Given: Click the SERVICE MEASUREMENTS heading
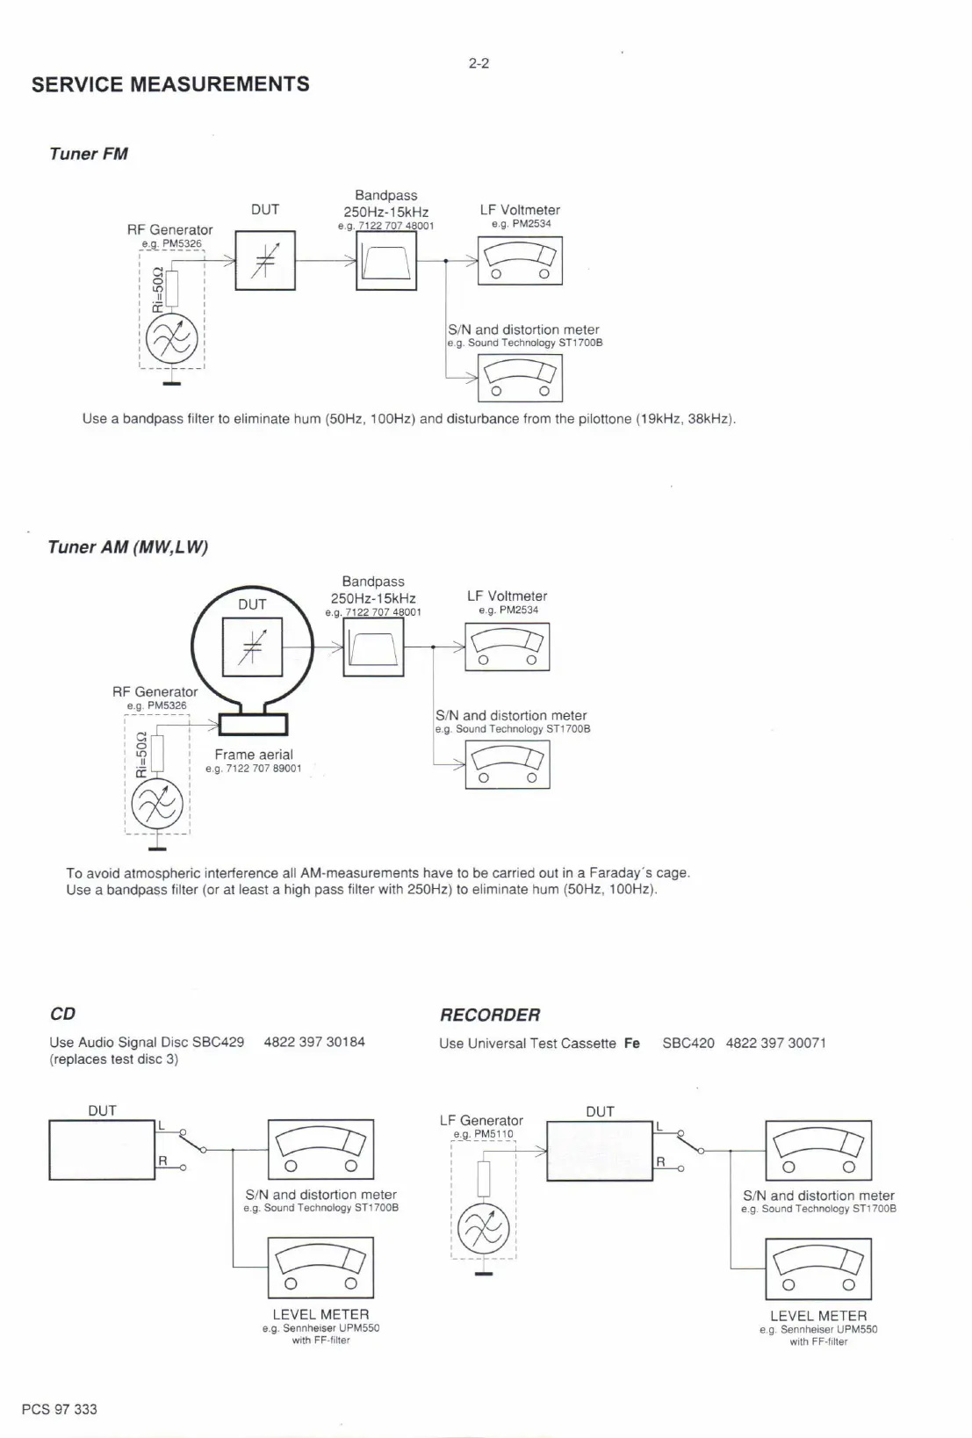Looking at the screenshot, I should [170, 84].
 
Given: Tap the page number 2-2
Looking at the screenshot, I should [479, 63].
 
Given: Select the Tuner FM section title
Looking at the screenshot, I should [89, 154].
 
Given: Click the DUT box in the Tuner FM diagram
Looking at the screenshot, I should [265, 260].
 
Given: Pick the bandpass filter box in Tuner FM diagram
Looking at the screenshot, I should [386, 261].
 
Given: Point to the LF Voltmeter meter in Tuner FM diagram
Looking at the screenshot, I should [520, 262].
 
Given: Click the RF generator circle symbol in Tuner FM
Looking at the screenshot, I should [172, 336].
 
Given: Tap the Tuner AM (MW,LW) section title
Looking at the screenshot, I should [128, 546].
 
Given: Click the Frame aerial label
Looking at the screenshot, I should [254, 755].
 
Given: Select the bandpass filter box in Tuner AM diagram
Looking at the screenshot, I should [373, 647].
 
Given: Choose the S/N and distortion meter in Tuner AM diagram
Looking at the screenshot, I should [507, 764].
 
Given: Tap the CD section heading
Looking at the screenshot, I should [62, 1014].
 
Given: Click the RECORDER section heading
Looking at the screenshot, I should [490, 1015].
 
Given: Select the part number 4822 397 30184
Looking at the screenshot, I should [314, 1042].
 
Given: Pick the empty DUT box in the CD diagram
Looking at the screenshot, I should [102, 1150].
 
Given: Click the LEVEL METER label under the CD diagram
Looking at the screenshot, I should [320, 1314].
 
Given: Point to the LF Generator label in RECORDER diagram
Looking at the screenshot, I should [481, 1120].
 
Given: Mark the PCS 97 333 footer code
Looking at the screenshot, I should [60, 1409].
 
